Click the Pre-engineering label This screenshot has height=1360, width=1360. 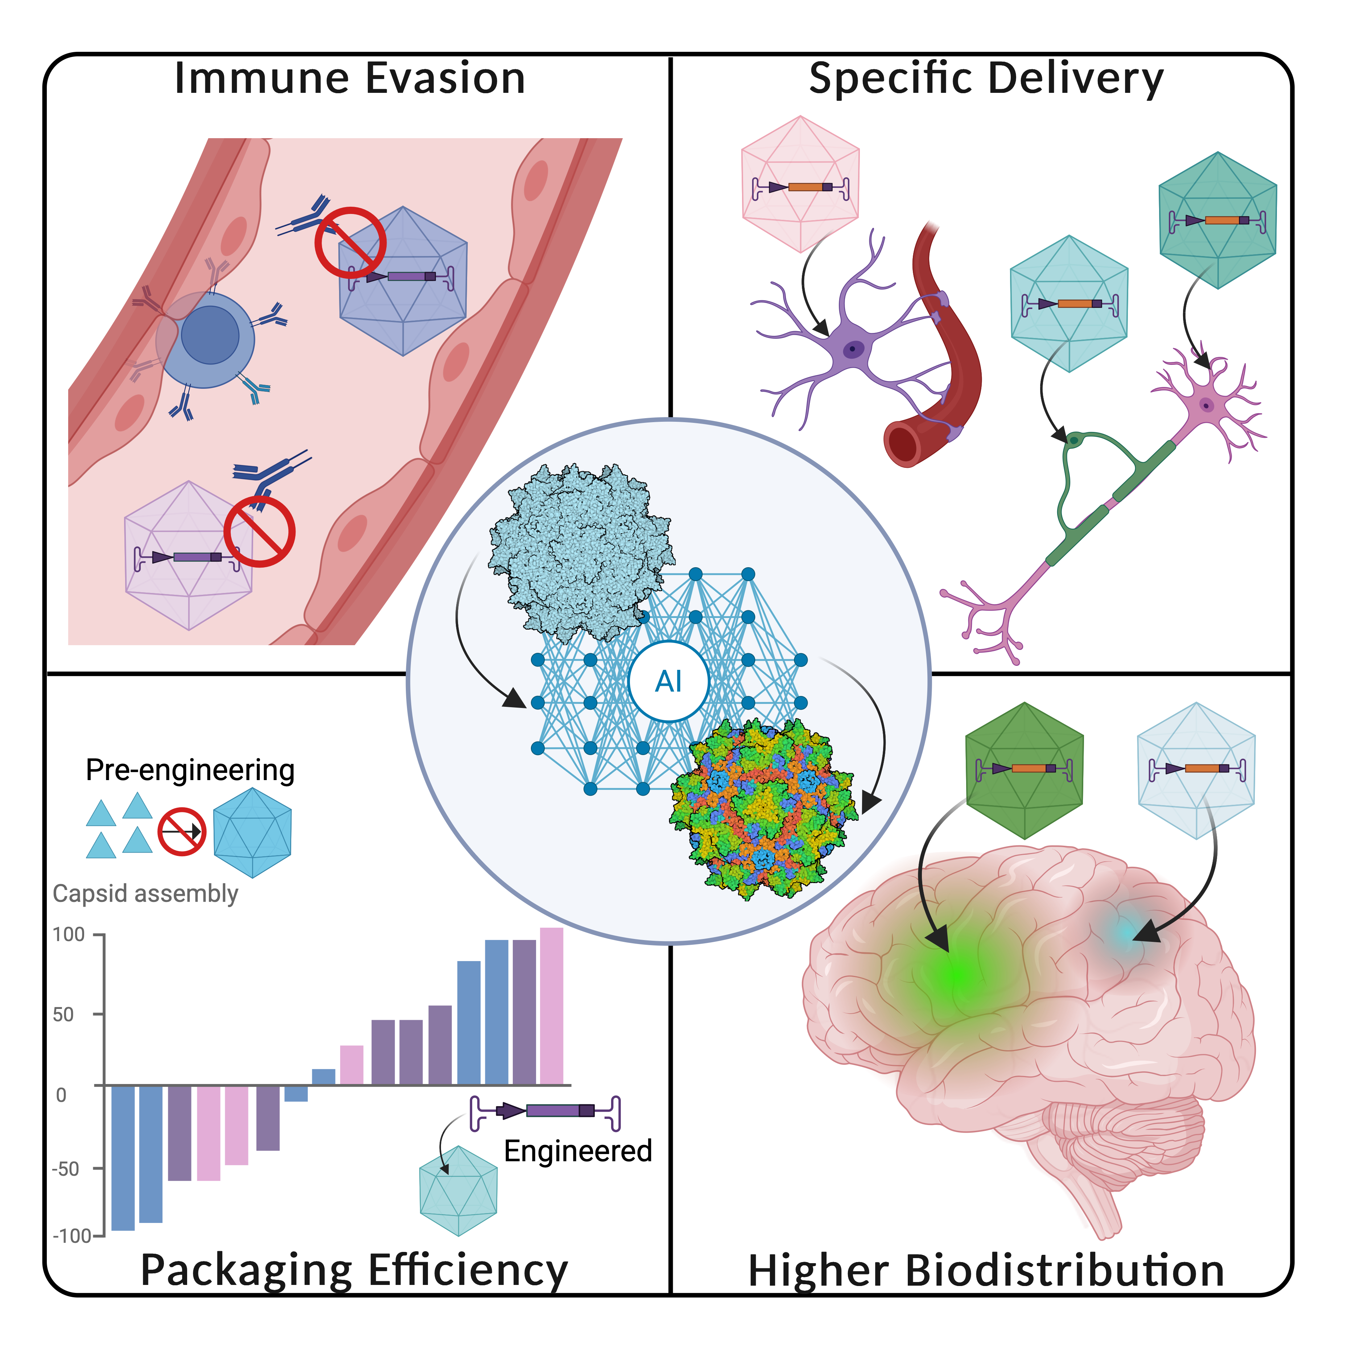(190, 770)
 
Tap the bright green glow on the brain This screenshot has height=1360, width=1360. (961, 975)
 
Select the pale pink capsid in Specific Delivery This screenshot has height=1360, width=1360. (800, 185)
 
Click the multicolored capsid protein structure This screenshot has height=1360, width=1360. (764, 809)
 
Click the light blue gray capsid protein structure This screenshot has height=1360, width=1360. (581, 549)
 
